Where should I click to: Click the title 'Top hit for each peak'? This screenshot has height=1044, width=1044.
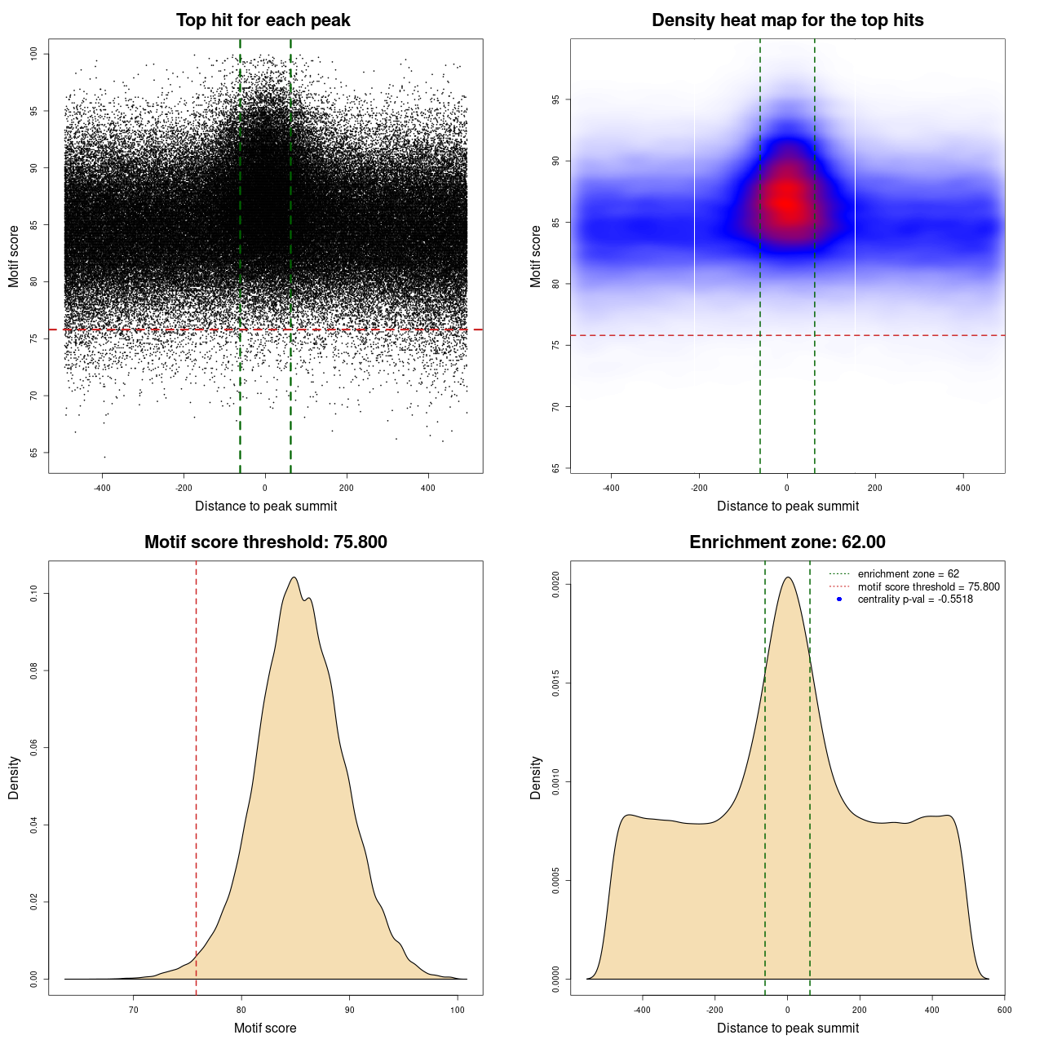pos(263,20)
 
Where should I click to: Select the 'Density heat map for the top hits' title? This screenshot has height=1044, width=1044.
pos(787,20)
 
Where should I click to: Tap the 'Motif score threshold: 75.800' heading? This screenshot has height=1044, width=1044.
pos(265,542)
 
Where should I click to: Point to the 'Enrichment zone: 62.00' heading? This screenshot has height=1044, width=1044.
pos(787,542)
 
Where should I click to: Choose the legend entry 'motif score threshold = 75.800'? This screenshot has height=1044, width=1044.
pos(928,587)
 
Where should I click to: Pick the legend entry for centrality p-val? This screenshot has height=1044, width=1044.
pos(915,599)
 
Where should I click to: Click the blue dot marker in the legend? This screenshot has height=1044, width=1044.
pos(839,599)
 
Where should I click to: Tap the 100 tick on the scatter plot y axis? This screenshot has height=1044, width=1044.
pos(33,54)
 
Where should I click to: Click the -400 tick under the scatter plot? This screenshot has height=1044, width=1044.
pos(102,488)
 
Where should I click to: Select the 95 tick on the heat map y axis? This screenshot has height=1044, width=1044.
pos(555,100)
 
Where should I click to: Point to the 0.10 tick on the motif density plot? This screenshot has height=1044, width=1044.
pos(33,594)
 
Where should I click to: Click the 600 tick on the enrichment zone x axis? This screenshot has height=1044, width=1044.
pos(1004,1010)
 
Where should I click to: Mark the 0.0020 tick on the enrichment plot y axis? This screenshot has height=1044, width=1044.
pos(555,584)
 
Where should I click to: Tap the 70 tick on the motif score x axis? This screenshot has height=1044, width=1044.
pos(134,1010)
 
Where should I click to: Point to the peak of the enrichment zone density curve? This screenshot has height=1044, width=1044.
pos(787,577)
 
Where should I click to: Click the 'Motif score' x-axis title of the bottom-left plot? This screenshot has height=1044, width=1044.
pos(265,1028)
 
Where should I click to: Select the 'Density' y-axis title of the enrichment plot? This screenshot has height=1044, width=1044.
pos(536,777)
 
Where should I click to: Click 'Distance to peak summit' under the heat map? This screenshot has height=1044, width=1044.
pos(787,506)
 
